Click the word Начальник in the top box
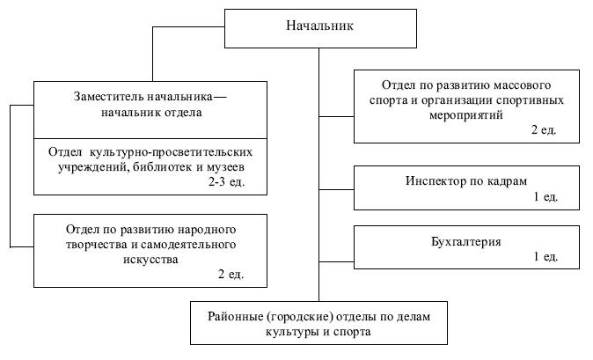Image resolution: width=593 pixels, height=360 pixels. coord(319,26)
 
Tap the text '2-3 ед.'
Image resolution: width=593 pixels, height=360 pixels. coord(226,181)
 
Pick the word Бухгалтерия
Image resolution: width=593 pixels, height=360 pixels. coord(466,240)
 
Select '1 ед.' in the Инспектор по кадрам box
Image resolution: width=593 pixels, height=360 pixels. coord(545,195)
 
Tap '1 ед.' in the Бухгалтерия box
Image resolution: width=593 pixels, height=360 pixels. coord(545,256)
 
